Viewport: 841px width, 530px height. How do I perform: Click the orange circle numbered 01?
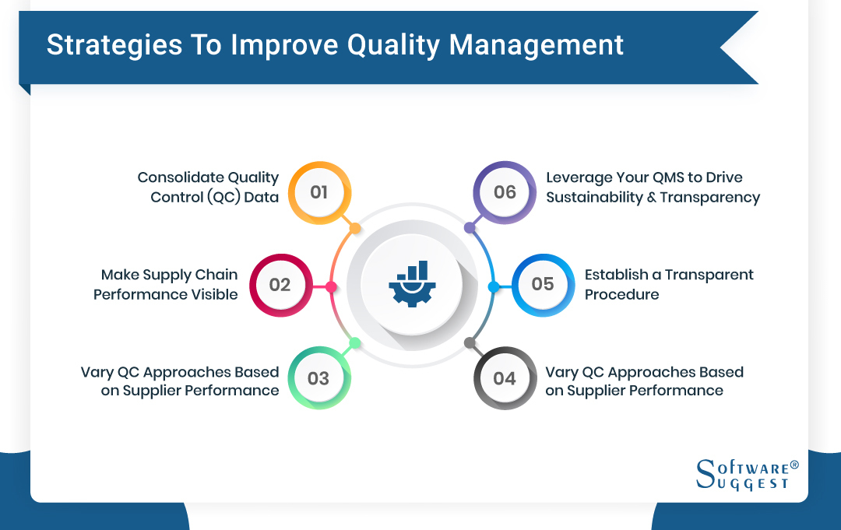click(319, 192)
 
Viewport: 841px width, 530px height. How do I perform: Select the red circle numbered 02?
click(280, 285)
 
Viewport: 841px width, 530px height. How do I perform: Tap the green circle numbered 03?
click(318, 378)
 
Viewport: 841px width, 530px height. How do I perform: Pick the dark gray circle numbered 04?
click(505, 378)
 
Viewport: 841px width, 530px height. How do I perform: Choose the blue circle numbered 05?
click(543, 284)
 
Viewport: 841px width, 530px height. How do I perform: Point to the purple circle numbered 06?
click(505, 192)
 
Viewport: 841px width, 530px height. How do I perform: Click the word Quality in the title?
click(392, 45)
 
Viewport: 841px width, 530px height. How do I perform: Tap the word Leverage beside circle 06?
click(579, 177)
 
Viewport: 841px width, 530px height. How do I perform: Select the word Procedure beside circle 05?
click(621, 294)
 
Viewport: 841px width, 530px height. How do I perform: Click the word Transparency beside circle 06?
click(709, 197)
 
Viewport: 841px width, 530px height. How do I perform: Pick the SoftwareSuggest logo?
click(747, 474)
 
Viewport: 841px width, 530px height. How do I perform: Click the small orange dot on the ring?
click(355, 229)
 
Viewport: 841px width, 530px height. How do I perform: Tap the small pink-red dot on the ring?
click(331, 287)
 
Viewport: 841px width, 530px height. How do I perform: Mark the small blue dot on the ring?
click(492, 287)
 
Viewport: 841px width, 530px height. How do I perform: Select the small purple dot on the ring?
click(469, 229)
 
